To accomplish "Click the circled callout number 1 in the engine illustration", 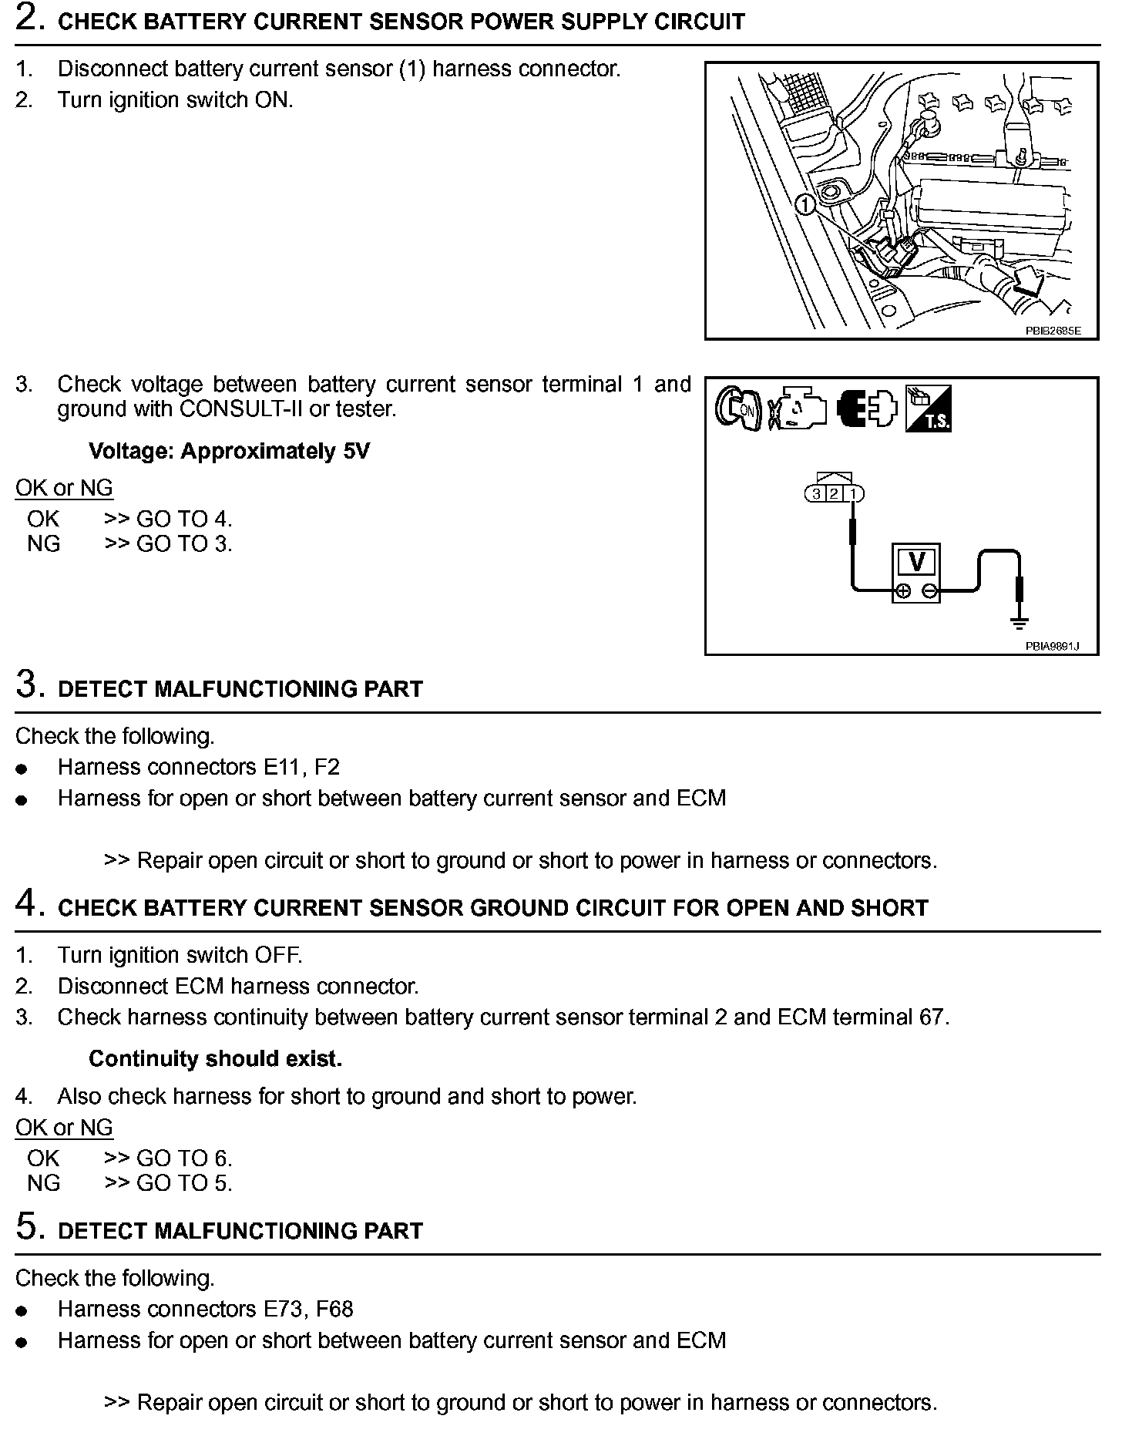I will [805, 205].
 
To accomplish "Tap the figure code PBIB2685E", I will [1053, 331].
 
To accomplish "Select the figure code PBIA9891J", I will [1052, 646].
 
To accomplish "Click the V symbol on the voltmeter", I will [917, 562].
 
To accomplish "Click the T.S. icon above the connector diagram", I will [928, 408].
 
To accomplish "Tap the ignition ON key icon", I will [737, 408].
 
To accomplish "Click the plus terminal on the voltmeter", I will [903, 591].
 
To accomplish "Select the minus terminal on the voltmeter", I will [929, 591].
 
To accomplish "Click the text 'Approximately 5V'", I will [274, 451].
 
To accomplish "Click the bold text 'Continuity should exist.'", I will [215, 1058].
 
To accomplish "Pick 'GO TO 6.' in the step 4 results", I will [184, 1158].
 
